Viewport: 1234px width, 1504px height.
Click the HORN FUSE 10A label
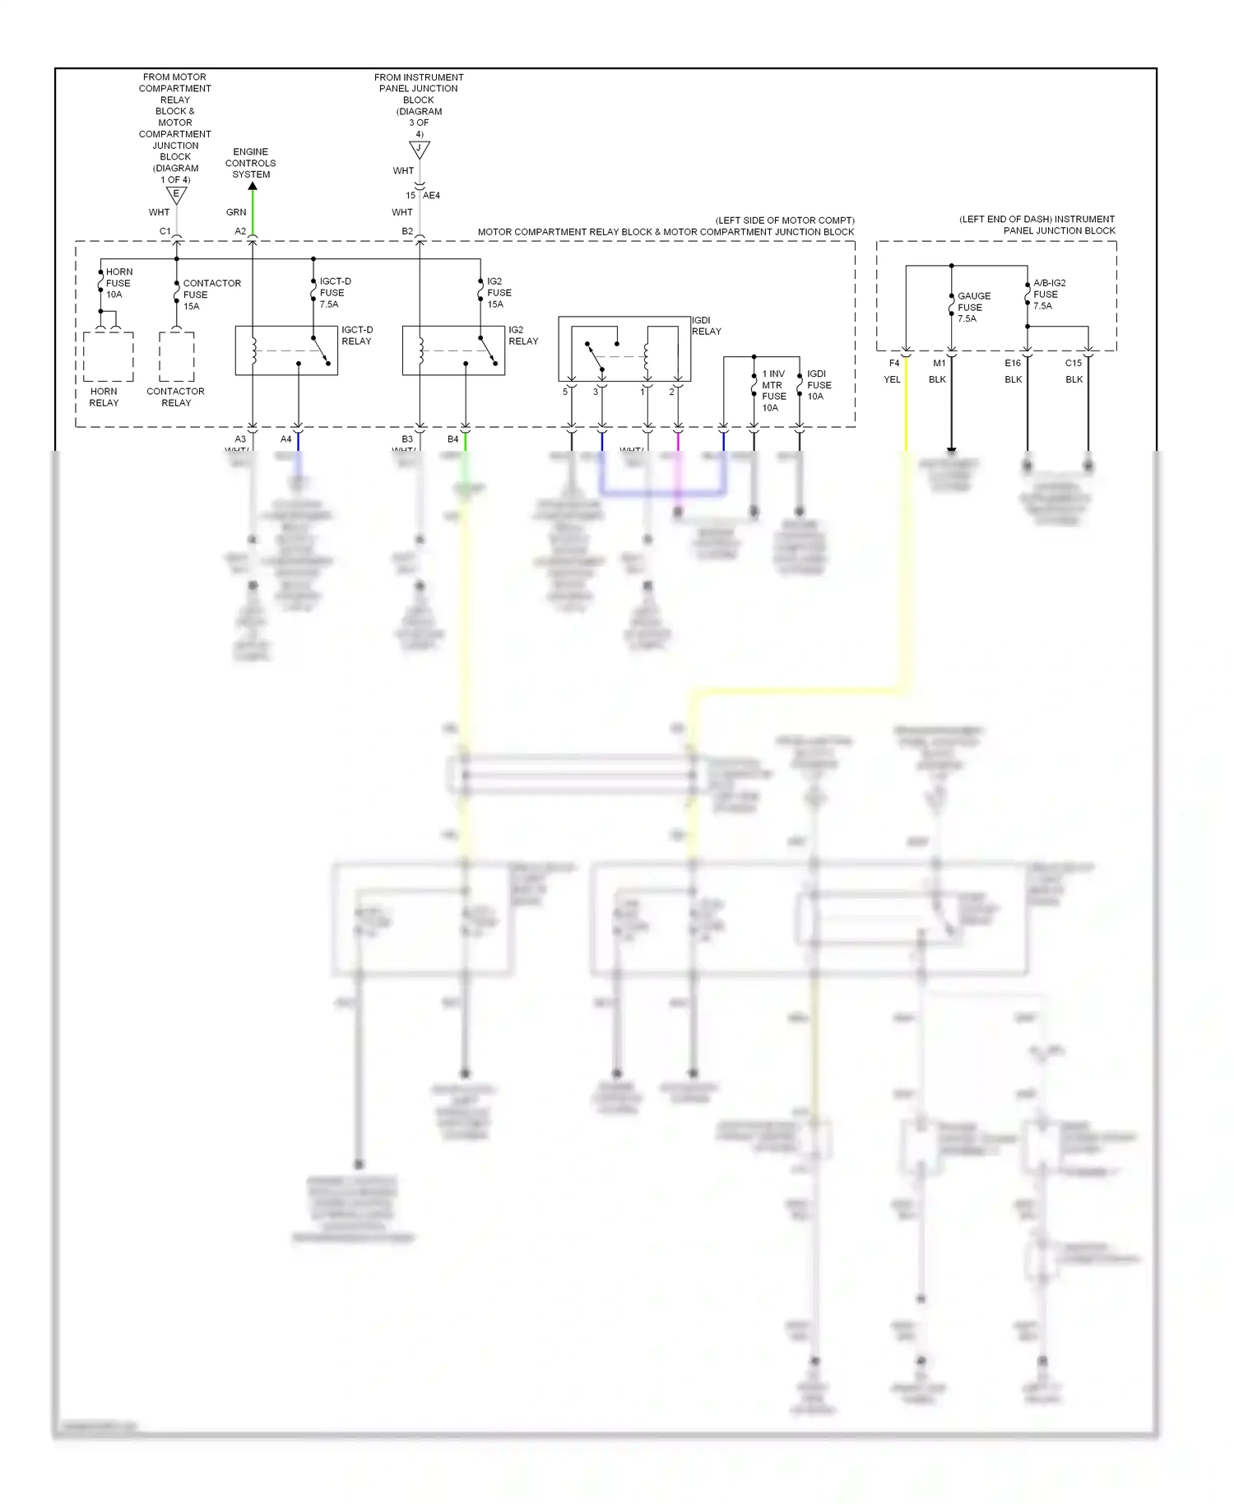pos(118,283)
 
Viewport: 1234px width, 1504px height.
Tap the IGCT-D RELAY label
pos(357,336)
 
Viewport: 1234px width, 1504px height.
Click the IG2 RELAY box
pos(452,350)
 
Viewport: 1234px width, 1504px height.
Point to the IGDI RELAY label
pos(706,326)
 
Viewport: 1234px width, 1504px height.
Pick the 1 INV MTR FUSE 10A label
pos(773,391)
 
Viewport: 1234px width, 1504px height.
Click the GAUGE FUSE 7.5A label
pos(973,307)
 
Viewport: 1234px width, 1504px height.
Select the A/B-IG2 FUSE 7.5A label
pos(1049,294)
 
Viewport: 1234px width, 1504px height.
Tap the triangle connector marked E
pos(176,195)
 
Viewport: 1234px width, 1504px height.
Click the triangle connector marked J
pos(420,150)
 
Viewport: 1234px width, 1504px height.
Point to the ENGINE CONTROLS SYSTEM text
pos(251,163)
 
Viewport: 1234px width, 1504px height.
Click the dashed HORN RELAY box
pos(109,356)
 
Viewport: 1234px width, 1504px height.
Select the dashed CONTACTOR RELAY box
pos(177,356)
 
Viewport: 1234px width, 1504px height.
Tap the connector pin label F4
pos(894,363)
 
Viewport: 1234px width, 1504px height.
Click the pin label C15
pos(1074,363)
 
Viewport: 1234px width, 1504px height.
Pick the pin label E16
pos(1013,363)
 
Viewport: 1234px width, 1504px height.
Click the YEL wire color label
pos(892,379)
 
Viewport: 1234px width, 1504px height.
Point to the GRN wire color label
pos(236,212)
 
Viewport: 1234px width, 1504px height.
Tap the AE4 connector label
pos(431,196)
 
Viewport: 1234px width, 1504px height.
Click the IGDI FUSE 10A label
pos(819,385)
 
